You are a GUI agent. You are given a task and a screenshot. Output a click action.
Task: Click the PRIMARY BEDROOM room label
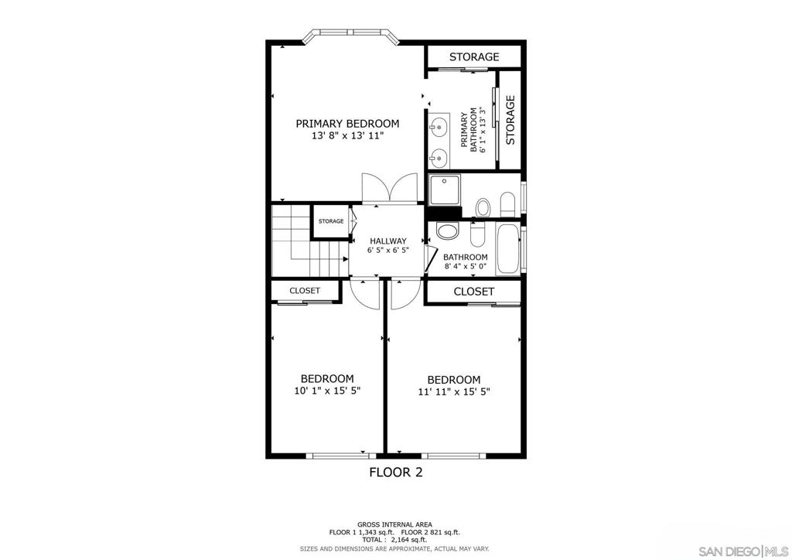[347, 124]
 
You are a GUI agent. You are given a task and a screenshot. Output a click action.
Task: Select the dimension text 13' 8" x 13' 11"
[347, 136]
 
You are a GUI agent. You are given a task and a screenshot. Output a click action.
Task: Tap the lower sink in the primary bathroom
[439, 158]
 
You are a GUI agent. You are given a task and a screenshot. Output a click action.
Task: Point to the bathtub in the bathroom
[507, 248]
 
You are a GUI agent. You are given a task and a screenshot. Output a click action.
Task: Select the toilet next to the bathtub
[476, 233]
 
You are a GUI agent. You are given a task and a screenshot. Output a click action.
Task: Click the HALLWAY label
[387, 241]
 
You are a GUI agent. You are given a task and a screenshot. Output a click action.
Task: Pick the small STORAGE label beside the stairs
[331, 222]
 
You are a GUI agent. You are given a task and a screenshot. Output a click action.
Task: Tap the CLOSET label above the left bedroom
[305, 291]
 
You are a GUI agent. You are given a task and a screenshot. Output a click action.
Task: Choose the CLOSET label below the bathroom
[473, 292]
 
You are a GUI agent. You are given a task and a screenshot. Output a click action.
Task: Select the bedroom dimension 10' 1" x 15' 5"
[326, 391]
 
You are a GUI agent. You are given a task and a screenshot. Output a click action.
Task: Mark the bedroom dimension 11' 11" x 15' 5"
[454, 392]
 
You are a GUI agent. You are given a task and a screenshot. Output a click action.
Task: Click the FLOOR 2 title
[395, 472]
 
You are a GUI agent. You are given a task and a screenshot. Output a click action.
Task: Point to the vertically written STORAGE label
[510, 120]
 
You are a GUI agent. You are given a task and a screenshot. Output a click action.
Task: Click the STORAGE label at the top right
[474, 57]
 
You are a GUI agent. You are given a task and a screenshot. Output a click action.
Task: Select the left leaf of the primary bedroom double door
[375, 188]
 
